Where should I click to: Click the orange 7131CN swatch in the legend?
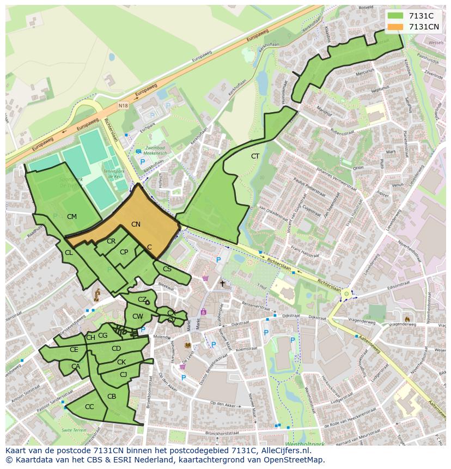pyautogui.click(x=395, y=27)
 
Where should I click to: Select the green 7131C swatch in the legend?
pyautogui.click(x=395, y=16)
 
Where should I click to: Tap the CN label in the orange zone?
pyautogui.click(x=136, y=224)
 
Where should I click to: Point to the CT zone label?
pyautogui.click(x=255, y=156)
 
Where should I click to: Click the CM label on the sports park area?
pyautogui.click(x=71, y=217)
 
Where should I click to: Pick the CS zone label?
pyautogui.click(x=167, y=269)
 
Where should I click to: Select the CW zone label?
pyautogui.click(x=137, y=316)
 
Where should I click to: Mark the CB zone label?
pyautogui.click(x=112, y=396)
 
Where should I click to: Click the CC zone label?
pyautogui.click(x=89, y=406)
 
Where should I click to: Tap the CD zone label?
pyautogui.click(x=116, y=349)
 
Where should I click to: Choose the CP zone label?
pyautogui.click(x=124, y=252)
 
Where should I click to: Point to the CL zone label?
pyautogui.click(x=69, y=253)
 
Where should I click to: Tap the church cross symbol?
pyautogui.click(x=222, y=284)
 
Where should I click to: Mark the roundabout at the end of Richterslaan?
pyautogui.click(x=346, y=294)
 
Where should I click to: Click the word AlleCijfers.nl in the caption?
pyautogui.click(x=284, y=450)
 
